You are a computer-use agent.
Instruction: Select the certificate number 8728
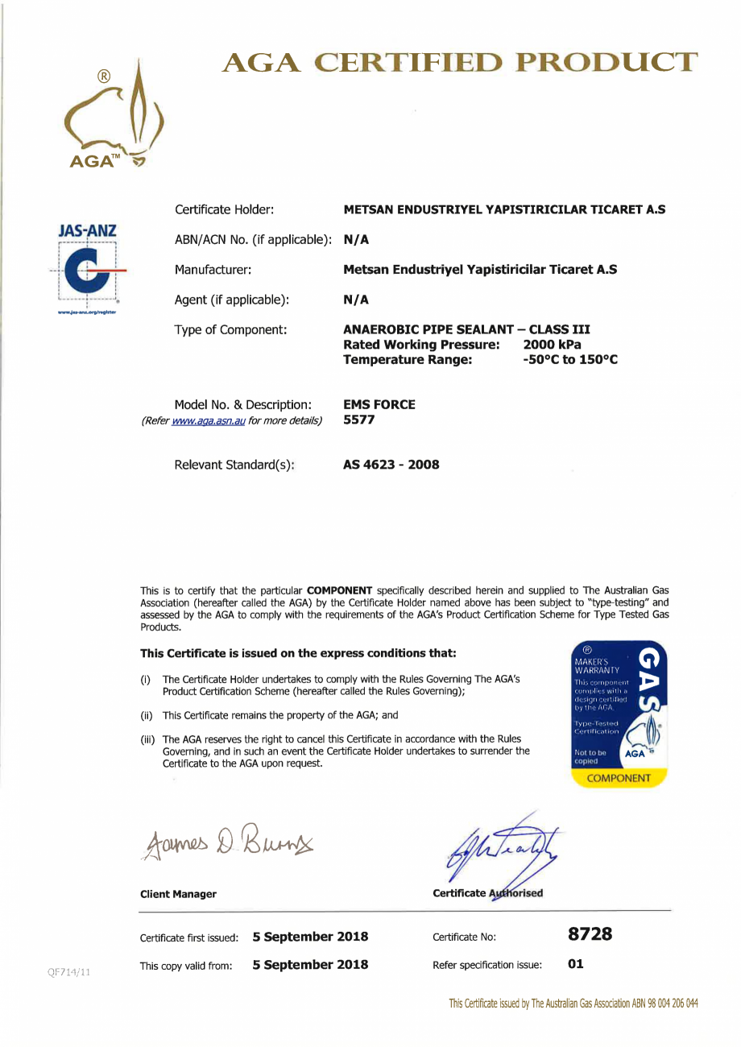click(590, 935)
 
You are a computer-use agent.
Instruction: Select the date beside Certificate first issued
click(310, 936)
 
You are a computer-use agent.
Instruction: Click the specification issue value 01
click(576, 962)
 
